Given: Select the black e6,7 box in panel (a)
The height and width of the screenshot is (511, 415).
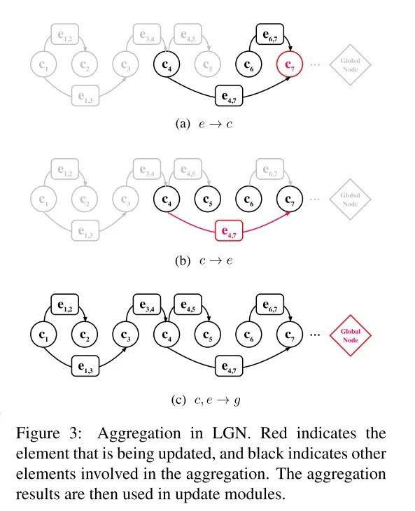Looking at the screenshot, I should pyautogui.click(x=269, y=33).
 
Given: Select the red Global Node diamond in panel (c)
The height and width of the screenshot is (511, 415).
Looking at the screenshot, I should pyautogui.click(x=350, y=335).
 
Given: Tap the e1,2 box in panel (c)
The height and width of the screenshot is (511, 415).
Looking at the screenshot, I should pyautogui.click(x=64, y=303).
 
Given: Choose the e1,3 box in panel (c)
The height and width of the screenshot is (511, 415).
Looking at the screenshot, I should pyautogui.click(x=84, y=365).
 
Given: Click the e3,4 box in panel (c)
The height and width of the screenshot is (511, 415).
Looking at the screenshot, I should pyautogui.click(x=146, y=303).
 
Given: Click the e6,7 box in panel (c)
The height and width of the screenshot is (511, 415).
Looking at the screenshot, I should pyautogui.click(x=269, y=303).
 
